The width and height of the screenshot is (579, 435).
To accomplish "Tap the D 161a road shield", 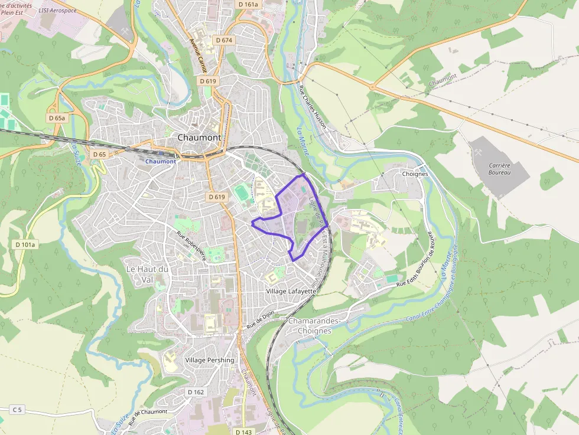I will pos(249,4).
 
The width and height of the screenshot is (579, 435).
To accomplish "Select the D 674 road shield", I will pos(225,40).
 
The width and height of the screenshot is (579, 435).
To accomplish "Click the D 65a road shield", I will pos(57,118).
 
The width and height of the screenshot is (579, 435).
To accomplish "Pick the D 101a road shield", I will pos(25,244).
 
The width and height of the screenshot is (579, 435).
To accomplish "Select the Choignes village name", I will pos(414,175).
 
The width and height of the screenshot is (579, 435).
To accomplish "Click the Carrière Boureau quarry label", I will pos(499,170).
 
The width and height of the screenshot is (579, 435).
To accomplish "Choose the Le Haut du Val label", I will pos(147,274).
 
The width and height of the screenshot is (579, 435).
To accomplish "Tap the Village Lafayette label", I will pos(292,292).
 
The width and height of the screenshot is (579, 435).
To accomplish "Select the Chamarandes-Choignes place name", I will pos(314,326).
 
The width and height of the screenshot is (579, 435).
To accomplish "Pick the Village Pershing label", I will pos(209,360).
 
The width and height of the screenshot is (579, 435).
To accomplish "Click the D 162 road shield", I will pos(196,392).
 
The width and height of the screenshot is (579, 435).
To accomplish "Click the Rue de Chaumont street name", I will pos(148,416).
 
